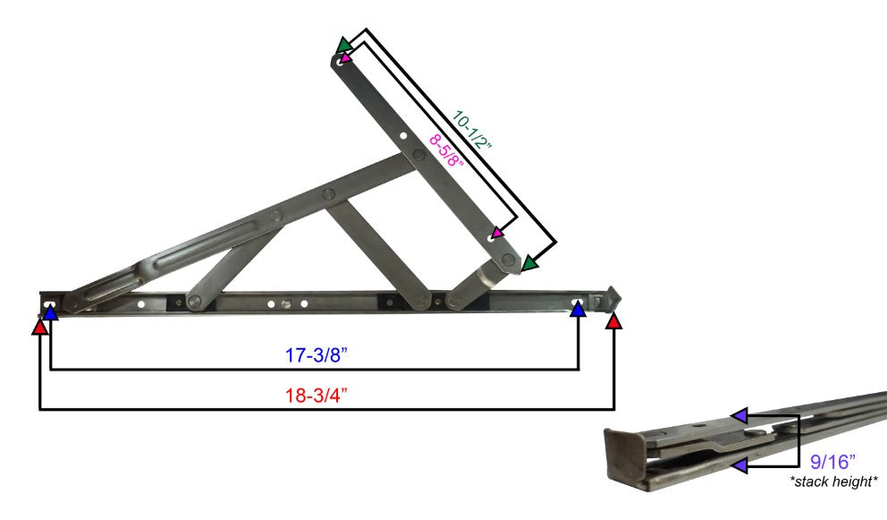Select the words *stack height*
833,482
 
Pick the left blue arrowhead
51,311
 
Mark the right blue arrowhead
579,310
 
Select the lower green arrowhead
530,263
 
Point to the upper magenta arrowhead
346,59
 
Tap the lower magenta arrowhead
498,234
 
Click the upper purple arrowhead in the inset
739,415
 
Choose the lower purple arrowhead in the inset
739,465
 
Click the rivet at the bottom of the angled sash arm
509,260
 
